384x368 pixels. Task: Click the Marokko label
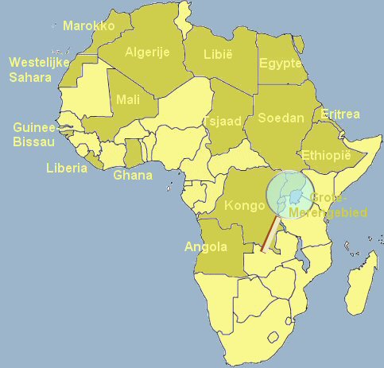[88, 26]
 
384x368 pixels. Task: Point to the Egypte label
[281, 64]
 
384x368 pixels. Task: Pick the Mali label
[127, 99]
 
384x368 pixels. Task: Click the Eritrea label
[340, 114]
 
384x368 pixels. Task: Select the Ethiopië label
[327, 155]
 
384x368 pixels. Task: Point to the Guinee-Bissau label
[34, 134]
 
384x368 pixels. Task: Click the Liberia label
[67, 169]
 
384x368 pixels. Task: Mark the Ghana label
[133, 175]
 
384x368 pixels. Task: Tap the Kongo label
[244, 206]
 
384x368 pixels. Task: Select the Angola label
[206, 246]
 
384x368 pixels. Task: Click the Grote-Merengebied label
[339, 205]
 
